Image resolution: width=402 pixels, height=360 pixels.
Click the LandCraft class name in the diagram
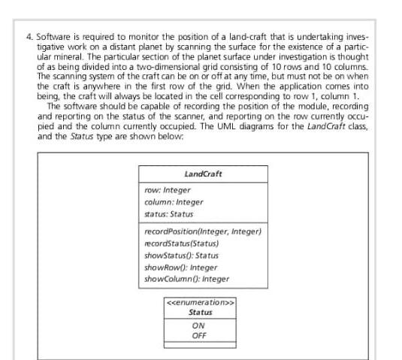pos(203,174)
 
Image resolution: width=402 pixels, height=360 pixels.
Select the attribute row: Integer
pos(168,190)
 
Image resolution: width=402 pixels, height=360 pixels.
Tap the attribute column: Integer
pos(174,201)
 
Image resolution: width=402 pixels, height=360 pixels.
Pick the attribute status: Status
pos(169,213)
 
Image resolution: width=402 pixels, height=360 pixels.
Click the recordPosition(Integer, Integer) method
pos(202,231)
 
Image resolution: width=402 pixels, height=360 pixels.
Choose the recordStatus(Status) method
pos(181,243)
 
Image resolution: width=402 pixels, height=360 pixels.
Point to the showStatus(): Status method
pos(181,255)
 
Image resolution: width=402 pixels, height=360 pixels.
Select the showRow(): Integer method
pos(180,267)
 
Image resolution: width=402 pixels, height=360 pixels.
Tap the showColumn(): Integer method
pos(186,279)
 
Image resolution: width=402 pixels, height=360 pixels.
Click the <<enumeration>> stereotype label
pos(200,303)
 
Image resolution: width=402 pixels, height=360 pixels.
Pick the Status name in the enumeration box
pos(200,313)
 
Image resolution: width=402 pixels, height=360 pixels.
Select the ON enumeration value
pos(199,325)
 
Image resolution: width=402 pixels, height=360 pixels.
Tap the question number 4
pos(29,35)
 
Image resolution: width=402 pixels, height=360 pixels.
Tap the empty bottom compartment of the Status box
pos(200,344)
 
